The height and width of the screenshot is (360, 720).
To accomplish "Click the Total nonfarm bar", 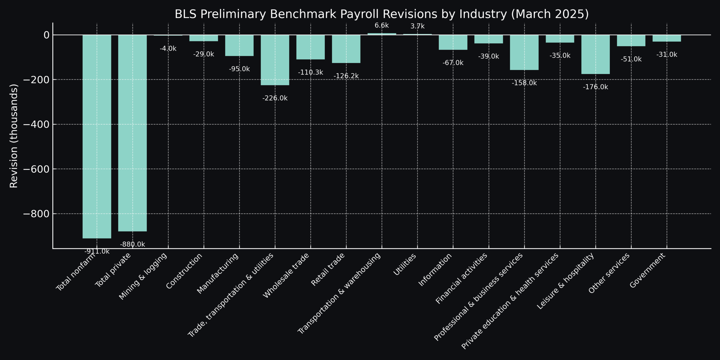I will pyautogui.click(x=97, y=136).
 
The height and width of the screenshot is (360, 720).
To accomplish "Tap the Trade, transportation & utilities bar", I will pyautogui.click(x=275, y=60).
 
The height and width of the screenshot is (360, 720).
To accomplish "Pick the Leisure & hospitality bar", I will pyautogui.click(x=595, y=54).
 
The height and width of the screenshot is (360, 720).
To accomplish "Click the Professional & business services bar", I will pyautogui.click(x=524, y=52).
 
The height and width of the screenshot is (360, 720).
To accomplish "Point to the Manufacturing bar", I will pyautogui.click(x=239, y=45).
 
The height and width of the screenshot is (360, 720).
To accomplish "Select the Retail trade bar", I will pyautogui.click(x=346, y=49).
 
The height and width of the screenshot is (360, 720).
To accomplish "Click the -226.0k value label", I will pyautogui.click(x=275, y=98).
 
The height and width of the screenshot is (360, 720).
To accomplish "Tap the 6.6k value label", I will pyautogui.click(x=382, y=26).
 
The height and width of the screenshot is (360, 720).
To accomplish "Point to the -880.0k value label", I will pyautogui.click(x=132, y=244).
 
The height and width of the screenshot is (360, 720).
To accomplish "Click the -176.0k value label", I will pyautogui.click(x=595, y=87).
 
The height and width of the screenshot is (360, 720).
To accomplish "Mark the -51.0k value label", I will pyautogui.click(x=631, y=59).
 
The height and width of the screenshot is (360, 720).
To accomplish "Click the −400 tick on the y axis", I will pyautogui.click(x=36, y=124).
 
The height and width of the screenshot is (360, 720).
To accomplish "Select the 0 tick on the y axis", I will pyautogui.click(x=46, y=35).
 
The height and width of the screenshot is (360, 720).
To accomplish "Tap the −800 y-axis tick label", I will pyautogui.click(x=36, y=214).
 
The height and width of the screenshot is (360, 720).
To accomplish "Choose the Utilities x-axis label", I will pyautogui.click(x=404, y=264).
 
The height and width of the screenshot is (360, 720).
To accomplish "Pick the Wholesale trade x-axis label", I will pyautogui.click(x=286, y=275).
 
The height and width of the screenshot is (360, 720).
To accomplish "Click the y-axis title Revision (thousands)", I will pyautogui.click(x=13, y=136).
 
